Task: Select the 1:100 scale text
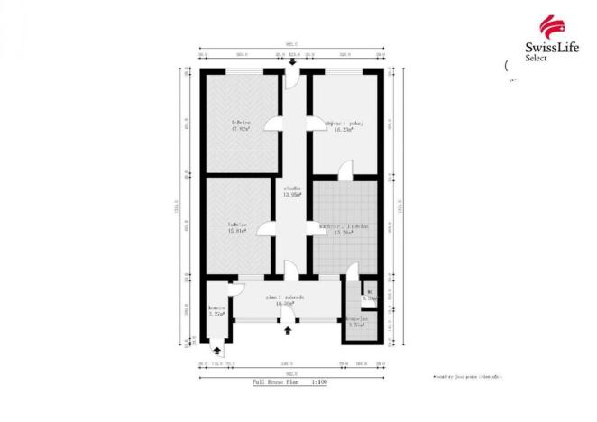tap(320, 382)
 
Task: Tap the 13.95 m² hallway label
tap(291, 191)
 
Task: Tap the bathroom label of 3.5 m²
tap(355, 322)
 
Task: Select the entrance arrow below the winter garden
tap(288, 330)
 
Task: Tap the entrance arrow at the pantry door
tap(216, 352)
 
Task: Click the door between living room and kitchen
tap(346, 168)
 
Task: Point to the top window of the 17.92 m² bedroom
tap(239, 71)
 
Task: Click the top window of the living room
tap(344, 71)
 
